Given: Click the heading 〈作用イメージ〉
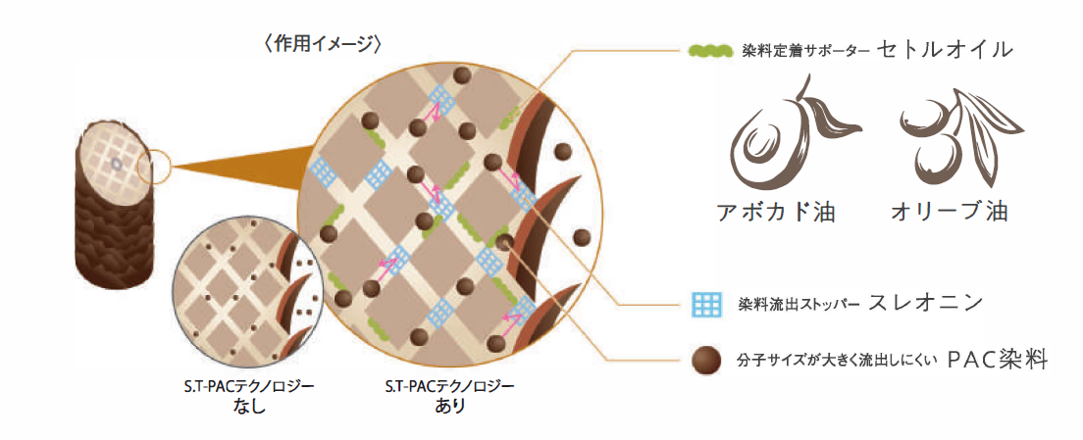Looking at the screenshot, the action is coord(322,44).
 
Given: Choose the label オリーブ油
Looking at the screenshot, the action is coord(949,212).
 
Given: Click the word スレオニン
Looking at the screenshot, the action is coord(925,303).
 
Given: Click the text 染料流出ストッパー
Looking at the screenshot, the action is coord(797,304).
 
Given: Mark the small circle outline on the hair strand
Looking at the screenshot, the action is coord(154,168).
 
